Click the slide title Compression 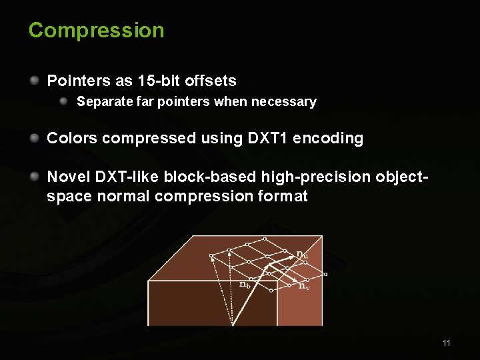[x=96, y=31]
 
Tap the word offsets [x=211, y=81]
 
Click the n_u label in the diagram [x=302, y=254]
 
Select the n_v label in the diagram [x=303, y=287]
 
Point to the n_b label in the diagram [x=245, y=284]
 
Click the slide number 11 [x=447, y=343]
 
